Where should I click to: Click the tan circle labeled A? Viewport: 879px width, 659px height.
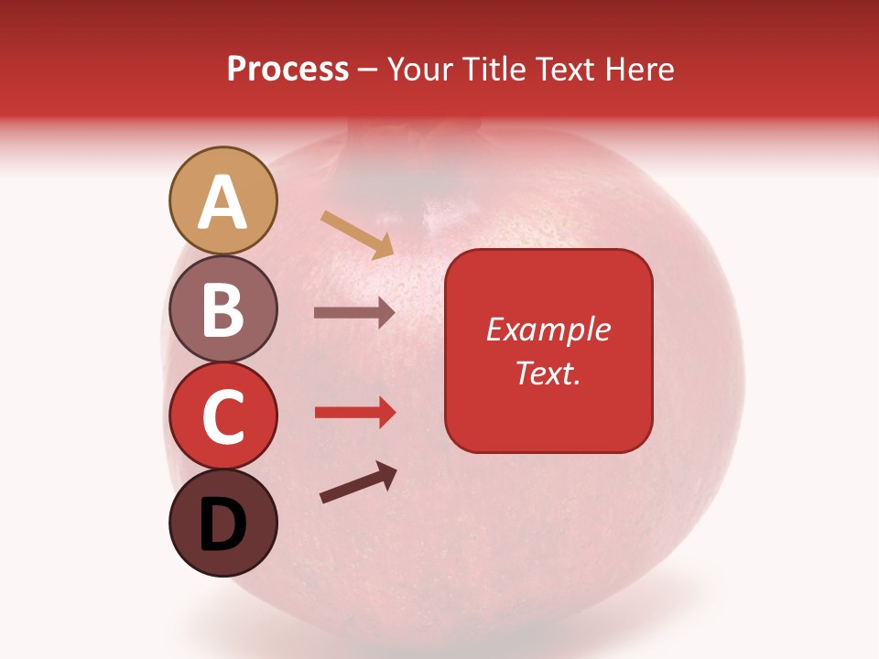[x=222, y=200]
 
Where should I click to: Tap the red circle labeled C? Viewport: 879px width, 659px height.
[x=222, y=416]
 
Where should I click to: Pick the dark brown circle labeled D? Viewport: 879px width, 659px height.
[x=222, y=524]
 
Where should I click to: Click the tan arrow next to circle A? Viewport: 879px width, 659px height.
[x=357, y=234]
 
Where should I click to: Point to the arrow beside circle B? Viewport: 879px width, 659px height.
[x=354, y=312]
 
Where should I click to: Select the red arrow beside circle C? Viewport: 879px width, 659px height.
[x=354, y=413]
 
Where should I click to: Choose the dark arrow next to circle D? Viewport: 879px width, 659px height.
[x=358, y=481]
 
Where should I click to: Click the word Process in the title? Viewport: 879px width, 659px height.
[x=288, y=70]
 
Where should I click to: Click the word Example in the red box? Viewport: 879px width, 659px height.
[x=548, y=329]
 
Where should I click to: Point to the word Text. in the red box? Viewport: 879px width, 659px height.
[x=548, y=373]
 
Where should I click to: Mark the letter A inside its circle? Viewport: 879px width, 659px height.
[x=222, y=202]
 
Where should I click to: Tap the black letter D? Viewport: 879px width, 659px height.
[x=222, y=525]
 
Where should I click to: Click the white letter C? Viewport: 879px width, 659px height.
[x=222, y=417]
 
